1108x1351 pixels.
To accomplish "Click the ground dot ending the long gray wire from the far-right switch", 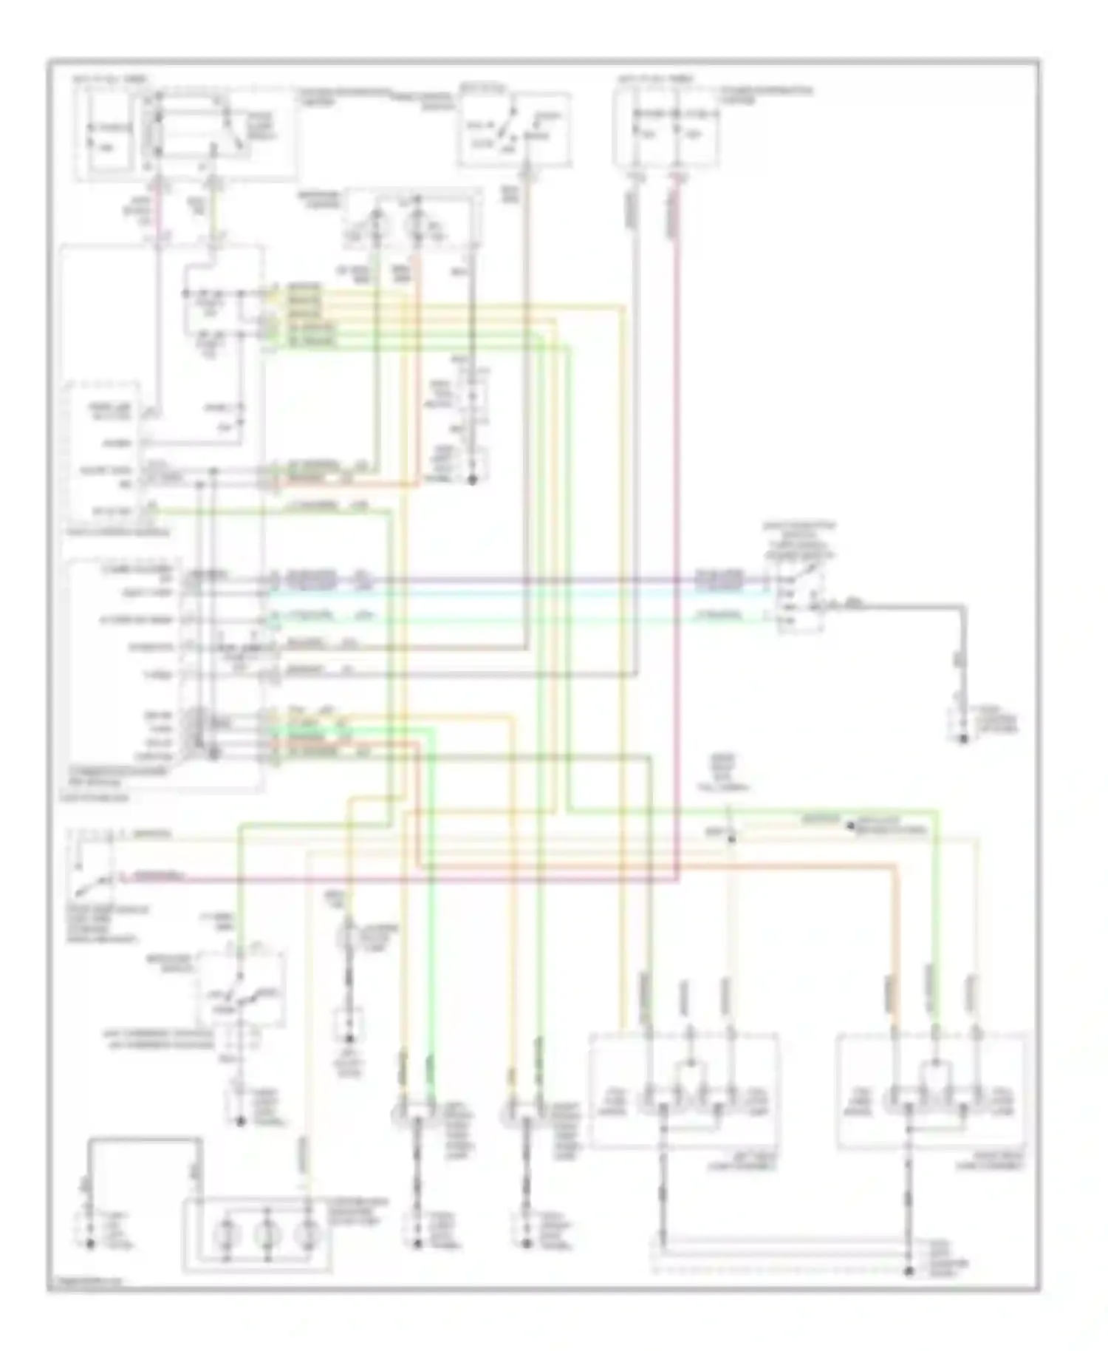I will pos(963,738).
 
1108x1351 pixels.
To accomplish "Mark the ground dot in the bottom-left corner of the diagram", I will pos(90,1244).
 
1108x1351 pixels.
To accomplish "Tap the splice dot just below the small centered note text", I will pos(731,837).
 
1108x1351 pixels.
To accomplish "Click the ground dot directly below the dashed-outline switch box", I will pos(240,1121).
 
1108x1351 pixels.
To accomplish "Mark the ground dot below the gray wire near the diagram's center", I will pos(473,480).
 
